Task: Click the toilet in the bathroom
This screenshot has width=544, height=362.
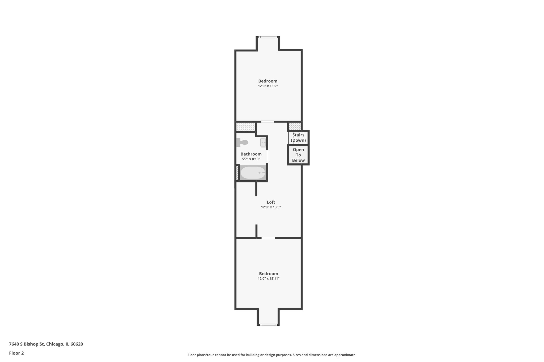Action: [242, 142]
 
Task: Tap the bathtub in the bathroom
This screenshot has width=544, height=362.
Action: [253, 173]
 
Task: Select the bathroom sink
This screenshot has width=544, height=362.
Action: [263, 142]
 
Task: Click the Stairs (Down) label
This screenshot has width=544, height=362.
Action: [298, 138]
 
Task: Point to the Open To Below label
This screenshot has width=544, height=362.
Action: [298, 155]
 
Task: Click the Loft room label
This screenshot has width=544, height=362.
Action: [271, 202]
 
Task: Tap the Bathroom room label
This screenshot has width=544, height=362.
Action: [251, 154]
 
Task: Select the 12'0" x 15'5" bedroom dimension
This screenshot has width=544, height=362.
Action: [268, 86]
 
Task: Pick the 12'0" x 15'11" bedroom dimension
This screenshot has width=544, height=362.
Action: [269, 279]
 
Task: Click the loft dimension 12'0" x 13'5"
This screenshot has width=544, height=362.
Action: [271, 207]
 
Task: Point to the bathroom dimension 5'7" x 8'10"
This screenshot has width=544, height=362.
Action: [251, 159]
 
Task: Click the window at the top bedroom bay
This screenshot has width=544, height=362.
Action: [268, 37]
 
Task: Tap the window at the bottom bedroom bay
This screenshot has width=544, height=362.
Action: [268, 325]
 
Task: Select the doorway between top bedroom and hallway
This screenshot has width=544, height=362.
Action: [267, 122]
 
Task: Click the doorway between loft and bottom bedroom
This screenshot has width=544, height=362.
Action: [268, 238]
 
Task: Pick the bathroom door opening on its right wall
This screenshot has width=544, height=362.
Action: [267, 156]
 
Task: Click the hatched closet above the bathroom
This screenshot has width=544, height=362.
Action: [246, 127]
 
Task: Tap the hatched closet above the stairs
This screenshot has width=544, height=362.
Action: [295, 126]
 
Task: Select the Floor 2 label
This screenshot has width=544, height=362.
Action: [16, 353]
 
